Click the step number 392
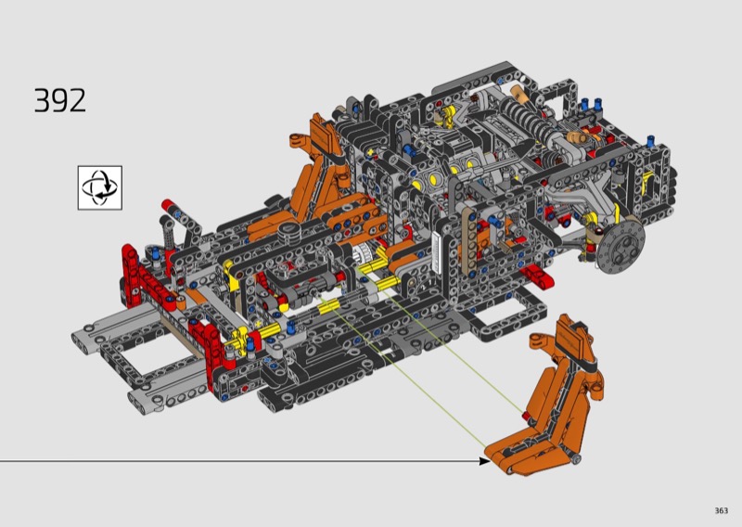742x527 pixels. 60,100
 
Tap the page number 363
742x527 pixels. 722,510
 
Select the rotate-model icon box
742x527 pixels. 100,187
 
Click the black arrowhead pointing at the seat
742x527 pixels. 485,461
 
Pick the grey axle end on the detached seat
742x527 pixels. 576,459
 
